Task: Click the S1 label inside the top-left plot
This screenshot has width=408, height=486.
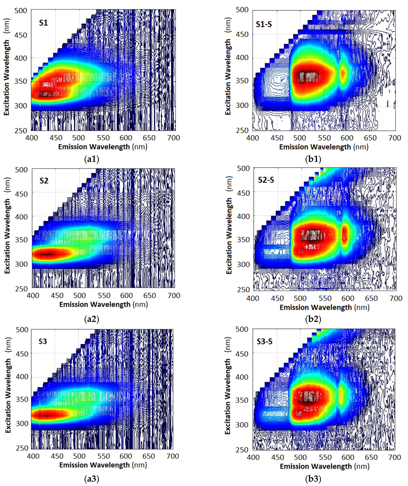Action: (x=42, y=20)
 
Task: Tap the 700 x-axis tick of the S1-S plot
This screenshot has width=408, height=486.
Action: (x=394, y=137)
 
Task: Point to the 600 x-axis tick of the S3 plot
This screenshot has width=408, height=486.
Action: (x=126, y=456)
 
